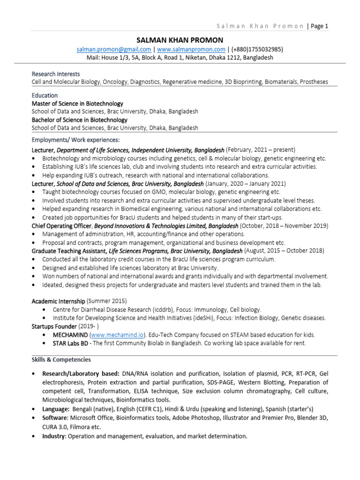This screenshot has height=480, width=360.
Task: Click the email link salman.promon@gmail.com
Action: pos(114,49)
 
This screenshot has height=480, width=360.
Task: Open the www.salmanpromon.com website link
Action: pos(191,49)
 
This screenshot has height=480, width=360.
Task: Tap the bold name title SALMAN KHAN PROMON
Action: pos(180,40)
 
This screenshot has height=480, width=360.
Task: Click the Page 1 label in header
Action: pos(319,26)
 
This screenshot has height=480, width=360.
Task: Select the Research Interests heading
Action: pos(55,74)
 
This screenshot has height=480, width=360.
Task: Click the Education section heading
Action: pos(45,95)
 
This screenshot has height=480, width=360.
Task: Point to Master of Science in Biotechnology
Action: pos(77,104)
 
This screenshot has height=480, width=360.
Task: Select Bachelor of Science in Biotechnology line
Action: pos(79,120)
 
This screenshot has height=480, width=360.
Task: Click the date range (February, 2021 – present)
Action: pos(261,150)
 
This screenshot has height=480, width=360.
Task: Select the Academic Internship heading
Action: pos(58,301)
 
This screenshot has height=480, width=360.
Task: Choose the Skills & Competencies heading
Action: pos(61,360)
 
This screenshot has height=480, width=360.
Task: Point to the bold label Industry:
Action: pos(54,436)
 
